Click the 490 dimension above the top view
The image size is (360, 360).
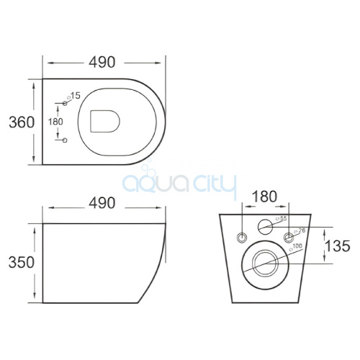point(104,63)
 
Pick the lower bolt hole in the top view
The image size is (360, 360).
point(64,138)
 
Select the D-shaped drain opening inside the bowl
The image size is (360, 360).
point(105,122)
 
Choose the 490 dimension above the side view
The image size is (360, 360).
point(104,203)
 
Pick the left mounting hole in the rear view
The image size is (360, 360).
point(243,236)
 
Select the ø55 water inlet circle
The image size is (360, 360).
point(267,225)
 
